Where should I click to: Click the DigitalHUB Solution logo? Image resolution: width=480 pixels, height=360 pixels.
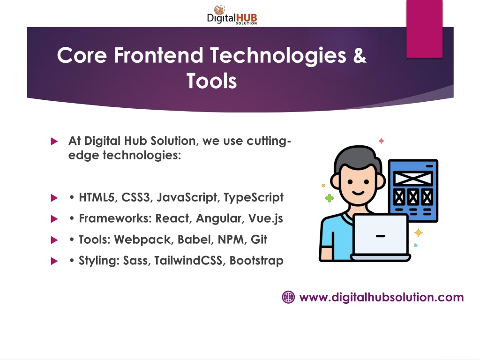232,15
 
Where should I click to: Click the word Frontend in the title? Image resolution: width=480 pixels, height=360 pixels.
158,55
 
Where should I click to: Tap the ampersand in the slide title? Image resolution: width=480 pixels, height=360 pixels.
360,55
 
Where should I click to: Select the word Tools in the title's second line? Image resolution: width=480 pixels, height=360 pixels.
212,81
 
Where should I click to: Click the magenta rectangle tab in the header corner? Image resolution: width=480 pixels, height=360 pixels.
424,29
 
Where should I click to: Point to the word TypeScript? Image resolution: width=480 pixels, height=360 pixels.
254,198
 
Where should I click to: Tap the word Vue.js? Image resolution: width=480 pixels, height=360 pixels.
266,219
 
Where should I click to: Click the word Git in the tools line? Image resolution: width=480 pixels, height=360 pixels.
259,240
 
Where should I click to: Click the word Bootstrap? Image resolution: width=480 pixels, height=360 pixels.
256,261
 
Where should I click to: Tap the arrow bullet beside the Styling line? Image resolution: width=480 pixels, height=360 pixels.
54,261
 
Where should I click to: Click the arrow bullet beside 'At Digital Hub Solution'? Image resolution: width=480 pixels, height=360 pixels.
54,141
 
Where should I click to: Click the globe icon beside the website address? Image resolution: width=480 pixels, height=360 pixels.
288,297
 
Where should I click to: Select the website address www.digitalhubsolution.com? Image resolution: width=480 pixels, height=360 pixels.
382,297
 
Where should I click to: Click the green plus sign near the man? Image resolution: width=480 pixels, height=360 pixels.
330,198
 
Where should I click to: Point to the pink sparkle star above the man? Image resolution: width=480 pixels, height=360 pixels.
382,141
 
